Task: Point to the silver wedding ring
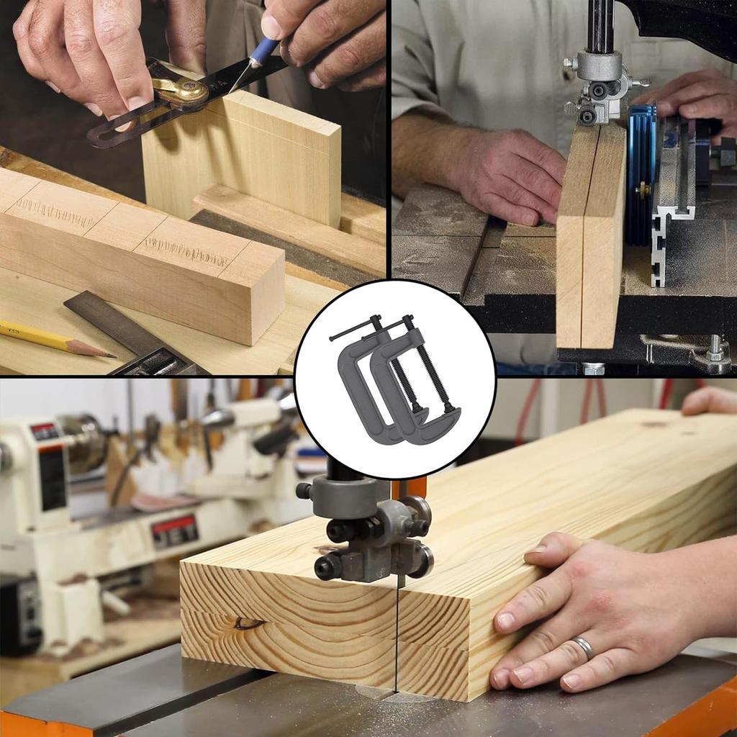pyautogui.click(x=584, y=648)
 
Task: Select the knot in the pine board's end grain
pyautogui.click(x=249, y=622)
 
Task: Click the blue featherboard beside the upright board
pyautogui.click(x=641, y=173)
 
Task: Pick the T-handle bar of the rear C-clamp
pyautogui.click(x=353, y=332)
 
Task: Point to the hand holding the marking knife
pyautogui.click(x=317, y=36)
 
